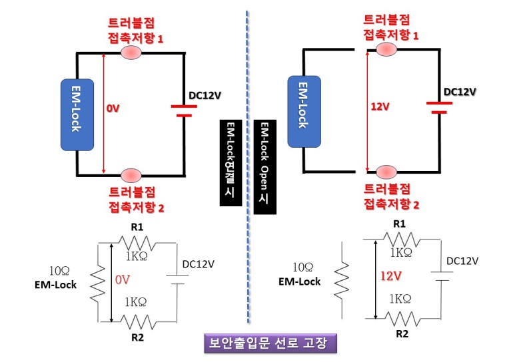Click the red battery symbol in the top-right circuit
(x=436, y=107)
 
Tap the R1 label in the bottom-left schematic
(x=137, y=228)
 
